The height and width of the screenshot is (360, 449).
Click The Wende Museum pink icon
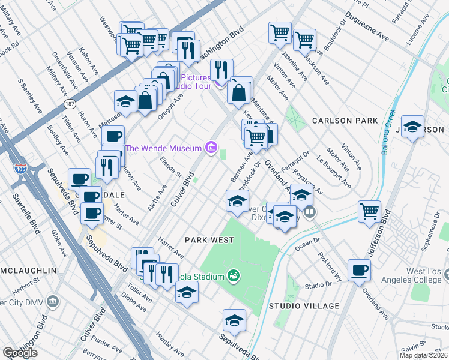pos(210,148)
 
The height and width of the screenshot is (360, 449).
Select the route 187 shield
pos(70,104)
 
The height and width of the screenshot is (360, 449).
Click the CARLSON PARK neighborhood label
pos(344,121)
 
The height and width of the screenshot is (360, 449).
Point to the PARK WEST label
pos(209,240)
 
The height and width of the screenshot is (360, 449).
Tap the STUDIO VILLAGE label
pos(304,306)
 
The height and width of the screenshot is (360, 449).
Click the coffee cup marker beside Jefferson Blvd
pos(360,270)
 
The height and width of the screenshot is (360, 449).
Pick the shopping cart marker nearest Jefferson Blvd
pos(369,211)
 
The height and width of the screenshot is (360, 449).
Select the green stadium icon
pos(234,277)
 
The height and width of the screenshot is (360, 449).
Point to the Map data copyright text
pos(424,355)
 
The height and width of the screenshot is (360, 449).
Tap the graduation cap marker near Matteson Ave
pos(125,100)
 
